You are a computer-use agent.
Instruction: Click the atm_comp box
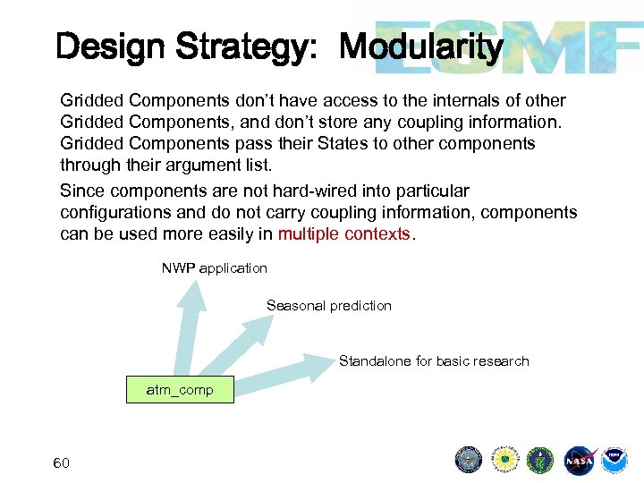[x=180, y=389]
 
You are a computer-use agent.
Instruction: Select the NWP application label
[x=214, y=267]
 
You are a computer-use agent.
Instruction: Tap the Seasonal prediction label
[x=328, y=305]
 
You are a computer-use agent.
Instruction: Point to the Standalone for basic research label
[x=434, y=360]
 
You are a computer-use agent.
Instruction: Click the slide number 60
[x=62, y=462]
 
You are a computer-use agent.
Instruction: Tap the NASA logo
[x=579, y=461]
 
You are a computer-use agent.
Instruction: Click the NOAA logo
[x=614, y=461]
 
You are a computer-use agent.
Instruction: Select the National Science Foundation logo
[x=504, y=461]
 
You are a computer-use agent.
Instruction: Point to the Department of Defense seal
[x=469, y=461]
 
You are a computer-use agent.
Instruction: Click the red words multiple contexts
[x=343, y=234]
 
